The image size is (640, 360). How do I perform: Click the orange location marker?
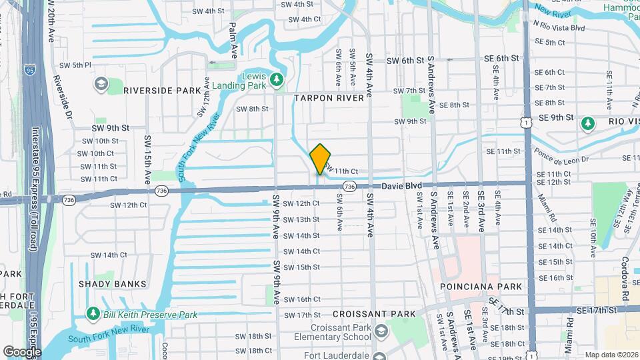click(321, 159)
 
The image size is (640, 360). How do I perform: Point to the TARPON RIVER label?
click(329, 97)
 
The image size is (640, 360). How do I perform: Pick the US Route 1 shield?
click(527, 123)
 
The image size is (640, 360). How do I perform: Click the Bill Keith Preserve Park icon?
click(93, 314)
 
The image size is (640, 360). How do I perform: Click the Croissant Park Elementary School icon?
click(379, 331)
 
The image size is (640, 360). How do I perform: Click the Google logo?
click(21, 351)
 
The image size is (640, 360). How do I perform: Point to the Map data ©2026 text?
click(611, 355)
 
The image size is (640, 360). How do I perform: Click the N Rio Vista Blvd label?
click(559, 28)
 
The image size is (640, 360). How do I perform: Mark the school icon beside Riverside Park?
click(101, 85)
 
